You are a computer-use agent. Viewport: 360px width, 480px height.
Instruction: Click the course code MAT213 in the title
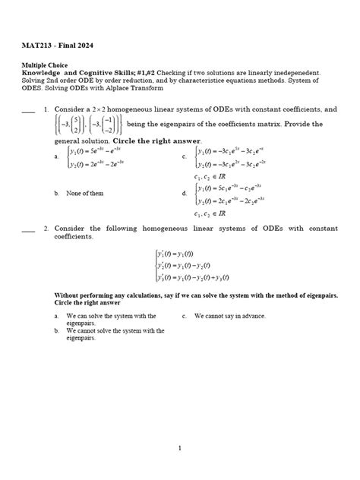coord(36,43)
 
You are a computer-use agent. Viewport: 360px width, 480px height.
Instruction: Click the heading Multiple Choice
coord(47,66)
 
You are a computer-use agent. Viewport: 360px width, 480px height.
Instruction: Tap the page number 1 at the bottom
coord(180,448)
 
